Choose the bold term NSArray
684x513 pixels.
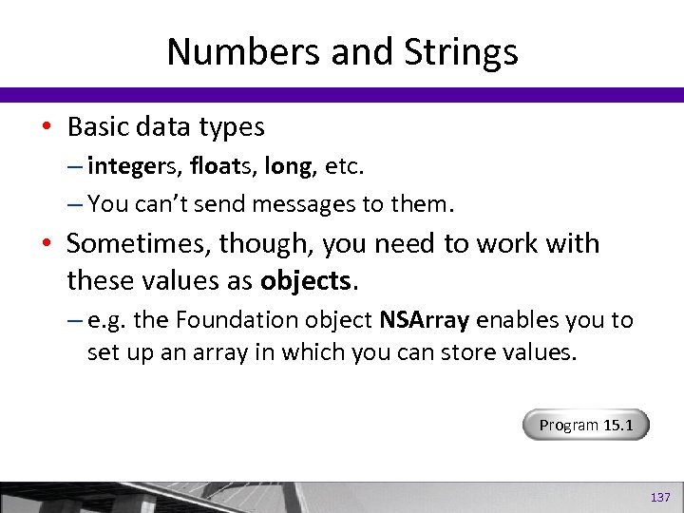tap(424, 320)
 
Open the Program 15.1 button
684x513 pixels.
tap(585, 425)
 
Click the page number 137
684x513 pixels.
tap(659, 498)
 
